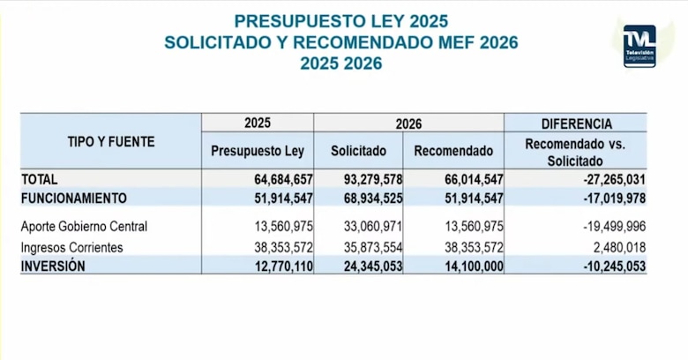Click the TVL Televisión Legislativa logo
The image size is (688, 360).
tap(639, 46)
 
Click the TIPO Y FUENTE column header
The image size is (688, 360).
tap(111, 140)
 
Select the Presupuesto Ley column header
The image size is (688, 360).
tap(257, 151)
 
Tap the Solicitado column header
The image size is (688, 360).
tap(358, 151)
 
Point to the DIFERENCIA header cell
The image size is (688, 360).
tap(575, 124)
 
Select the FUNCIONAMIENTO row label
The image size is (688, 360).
tap(74, 198)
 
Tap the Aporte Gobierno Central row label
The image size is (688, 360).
tap(84, 227)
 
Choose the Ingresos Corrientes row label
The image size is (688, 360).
tap(72, 247)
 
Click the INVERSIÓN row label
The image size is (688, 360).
tap(53, 266)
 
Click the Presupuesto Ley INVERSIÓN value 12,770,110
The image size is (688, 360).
tap(277, 266)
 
